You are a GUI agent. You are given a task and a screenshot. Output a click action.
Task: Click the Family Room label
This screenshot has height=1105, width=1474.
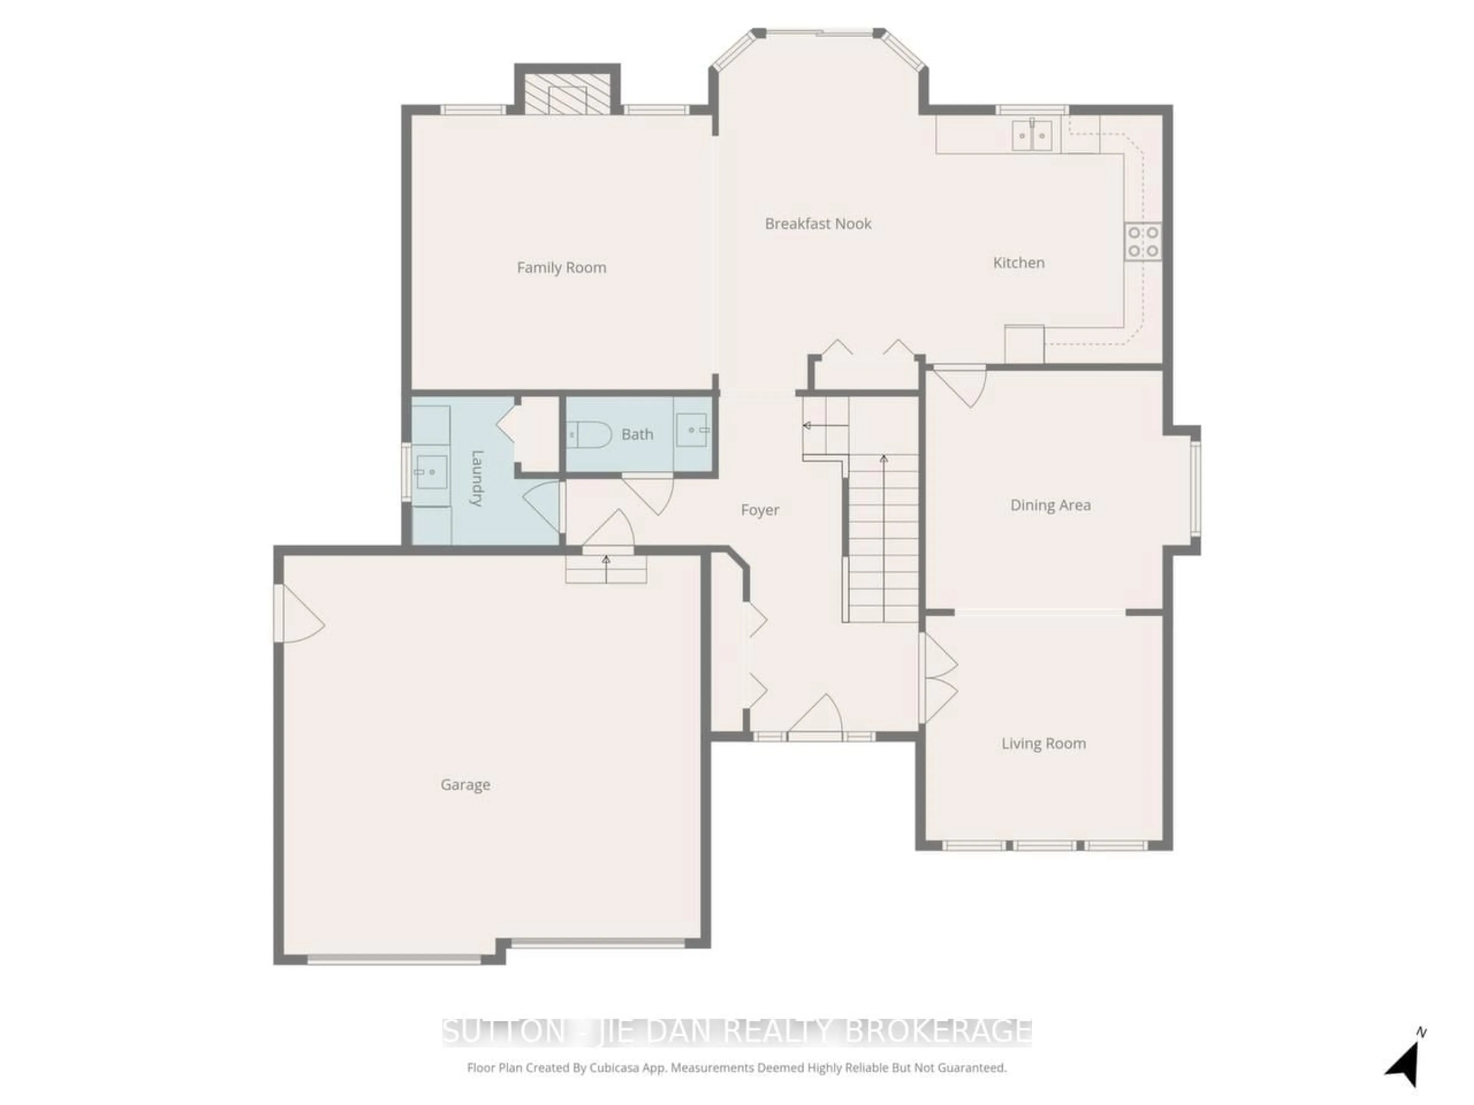coord(561,268)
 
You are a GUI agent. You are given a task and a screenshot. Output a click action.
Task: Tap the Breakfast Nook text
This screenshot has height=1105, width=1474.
coord(818,224)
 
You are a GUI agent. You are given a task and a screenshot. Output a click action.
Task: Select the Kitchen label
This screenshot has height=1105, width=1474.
coord(1018,263)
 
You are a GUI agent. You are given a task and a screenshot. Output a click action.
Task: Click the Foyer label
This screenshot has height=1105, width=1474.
coord(760,510)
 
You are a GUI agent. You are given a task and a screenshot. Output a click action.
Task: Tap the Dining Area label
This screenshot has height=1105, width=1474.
coord(1050,506)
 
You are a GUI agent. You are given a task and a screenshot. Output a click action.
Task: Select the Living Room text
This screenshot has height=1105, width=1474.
coord(1044,743)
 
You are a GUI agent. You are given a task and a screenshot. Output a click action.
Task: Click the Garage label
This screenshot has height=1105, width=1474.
coord(465,785)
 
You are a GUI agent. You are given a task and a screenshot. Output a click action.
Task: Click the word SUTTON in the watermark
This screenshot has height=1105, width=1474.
coord(503,1032)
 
